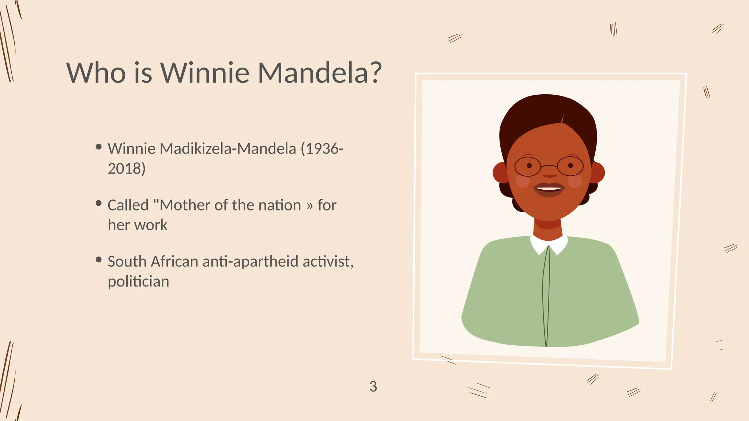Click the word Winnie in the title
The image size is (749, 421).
pos(205,72)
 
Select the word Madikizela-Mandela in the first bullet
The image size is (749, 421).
pos(228,149)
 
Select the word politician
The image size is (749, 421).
pos(138,282)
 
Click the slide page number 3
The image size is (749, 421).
pos(373,387)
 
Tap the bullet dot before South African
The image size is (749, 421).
pos(98,260)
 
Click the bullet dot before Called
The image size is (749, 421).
pos(98,203)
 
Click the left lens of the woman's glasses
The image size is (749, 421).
pos(527,167)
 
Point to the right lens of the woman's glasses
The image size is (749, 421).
pos(571,166)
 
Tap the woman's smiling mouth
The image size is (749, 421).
pos(549,189)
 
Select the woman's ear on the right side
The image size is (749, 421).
pos(597,172)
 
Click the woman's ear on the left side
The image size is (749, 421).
pos(500,172)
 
